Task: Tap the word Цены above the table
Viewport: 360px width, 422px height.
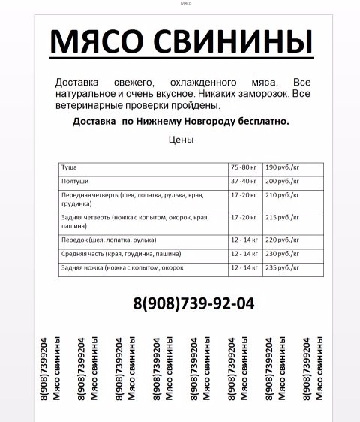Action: (181, 140)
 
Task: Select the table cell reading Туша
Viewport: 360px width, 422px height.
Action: (69, 167)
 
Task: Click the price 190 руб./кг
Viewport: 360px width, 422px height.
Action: (282, 167)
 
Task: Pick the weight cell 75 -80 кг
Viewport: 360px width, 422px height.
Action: (244, 167)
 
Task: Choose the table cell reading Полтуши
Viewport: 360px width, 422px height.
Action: (73, 181)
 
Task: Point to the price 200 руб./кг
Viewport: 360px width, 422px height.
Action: (282, 181)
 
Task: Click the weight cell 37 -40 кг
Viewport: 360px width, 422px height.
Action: (244, 181)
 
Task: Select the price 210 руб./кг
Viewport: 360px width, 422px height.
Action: (282, 195)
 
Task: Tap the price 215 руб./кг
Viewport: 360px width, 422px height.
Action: (282, 217)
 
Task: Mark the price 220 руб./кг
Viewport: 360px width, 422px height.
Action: (282, 240)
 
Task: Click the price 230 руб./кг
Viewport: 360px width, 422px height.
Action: (282, 254)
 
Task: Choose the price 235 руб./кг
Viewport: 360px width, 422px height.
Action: (282, 267)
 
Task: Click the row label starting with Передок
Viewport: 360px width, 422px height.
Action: (109, 240)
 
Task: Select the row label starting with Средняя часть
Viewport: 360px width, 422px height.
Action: (121, 254)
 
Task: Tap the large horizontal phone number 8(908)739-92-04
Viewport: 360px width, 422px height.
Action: (193, 303)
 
